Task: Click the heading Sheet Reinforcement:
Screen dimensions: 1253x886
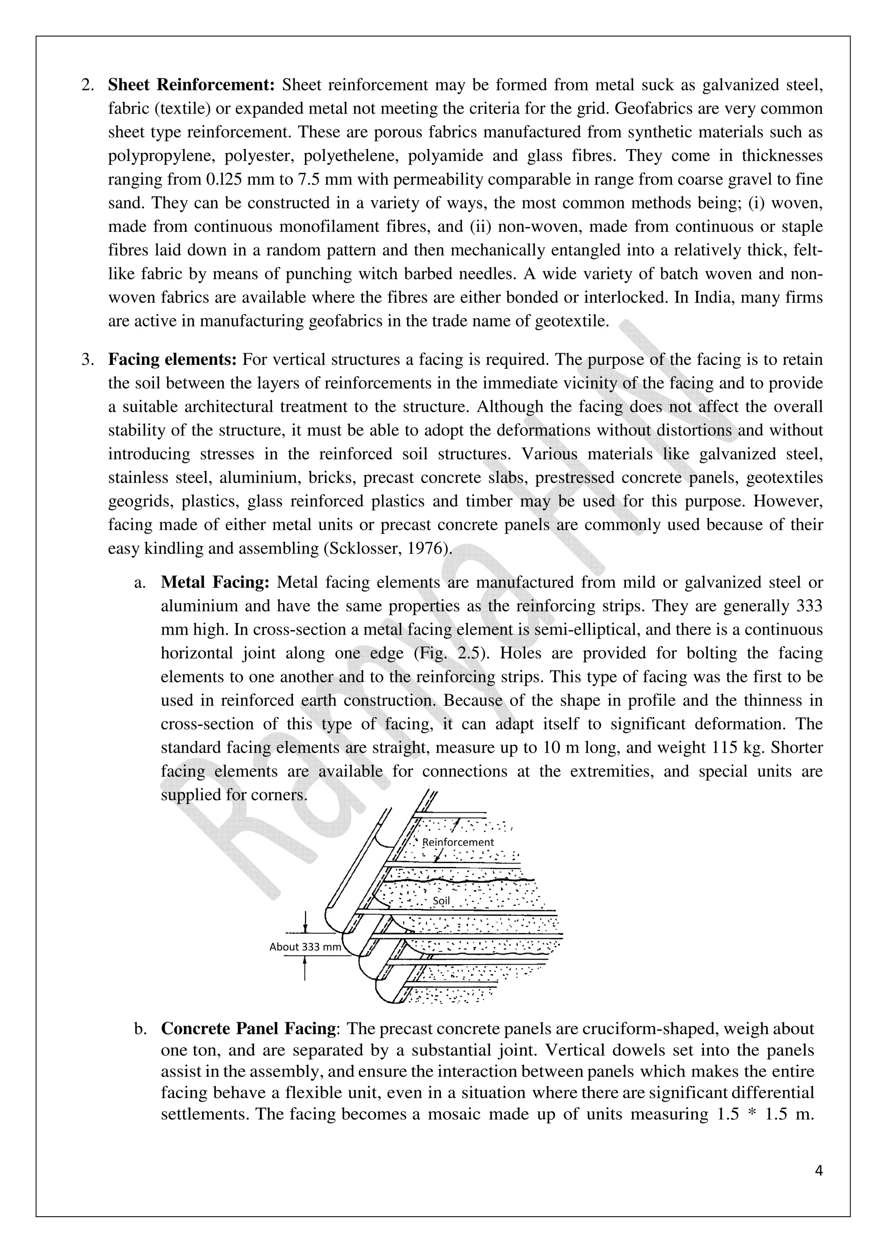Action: coord(194,85)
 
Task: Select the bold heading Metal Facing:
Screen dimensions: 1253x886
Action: coord(215,582)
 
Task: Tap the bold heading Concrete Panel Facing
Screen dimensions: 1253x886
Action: coord(248,1029)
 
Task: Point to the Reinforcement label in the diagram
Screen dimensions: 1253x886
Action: coord(458,842)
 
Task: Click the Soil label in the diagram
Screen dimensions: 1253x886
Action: coord(441,901)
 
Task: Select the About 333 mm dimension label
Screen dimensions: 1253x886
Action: coord(305,947)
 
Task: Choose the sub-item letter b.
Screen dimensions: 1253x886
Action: coord(140,1029)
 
